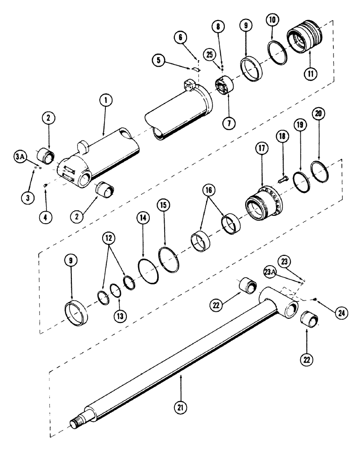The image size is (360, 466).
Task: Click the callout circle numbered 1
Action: pos(106,100)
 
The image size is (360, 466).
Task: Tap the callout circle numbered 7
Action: pos(229,123)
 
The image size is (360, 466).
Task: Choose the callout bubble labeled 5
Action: pos(159,60)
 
